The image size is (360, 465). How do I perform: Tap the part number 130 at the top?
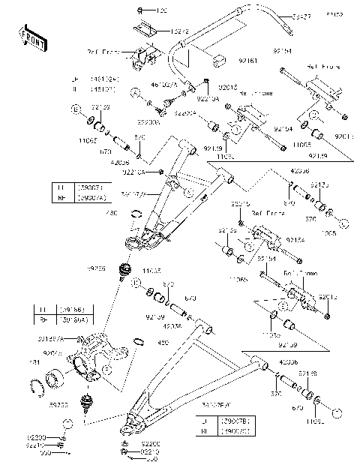point(162,11)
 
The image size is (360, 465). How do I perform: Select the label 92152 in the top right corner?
point(336,14)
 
